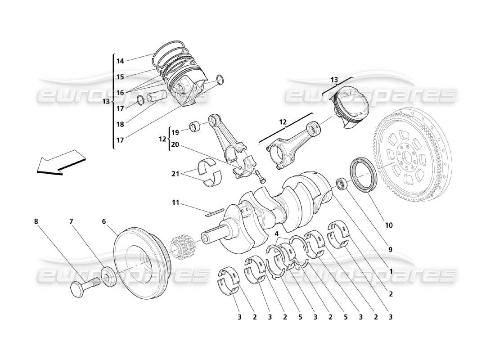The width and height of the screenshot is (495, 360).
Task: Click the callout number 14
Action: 120,61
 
